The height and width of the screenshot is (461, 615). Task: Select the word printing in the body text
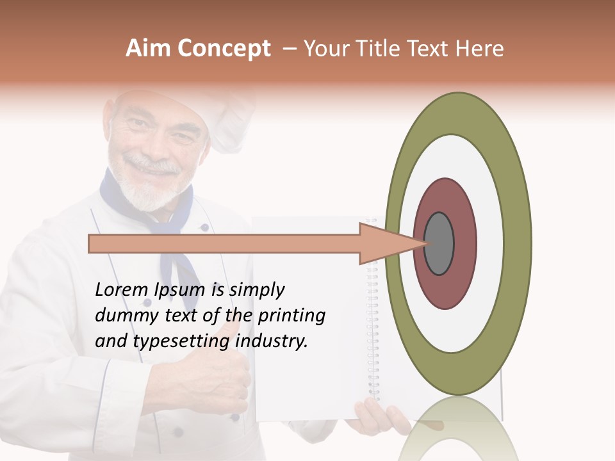(x=291, y=316)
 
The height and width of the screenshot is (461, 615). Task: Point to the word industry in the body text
(x=272, y=341)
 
